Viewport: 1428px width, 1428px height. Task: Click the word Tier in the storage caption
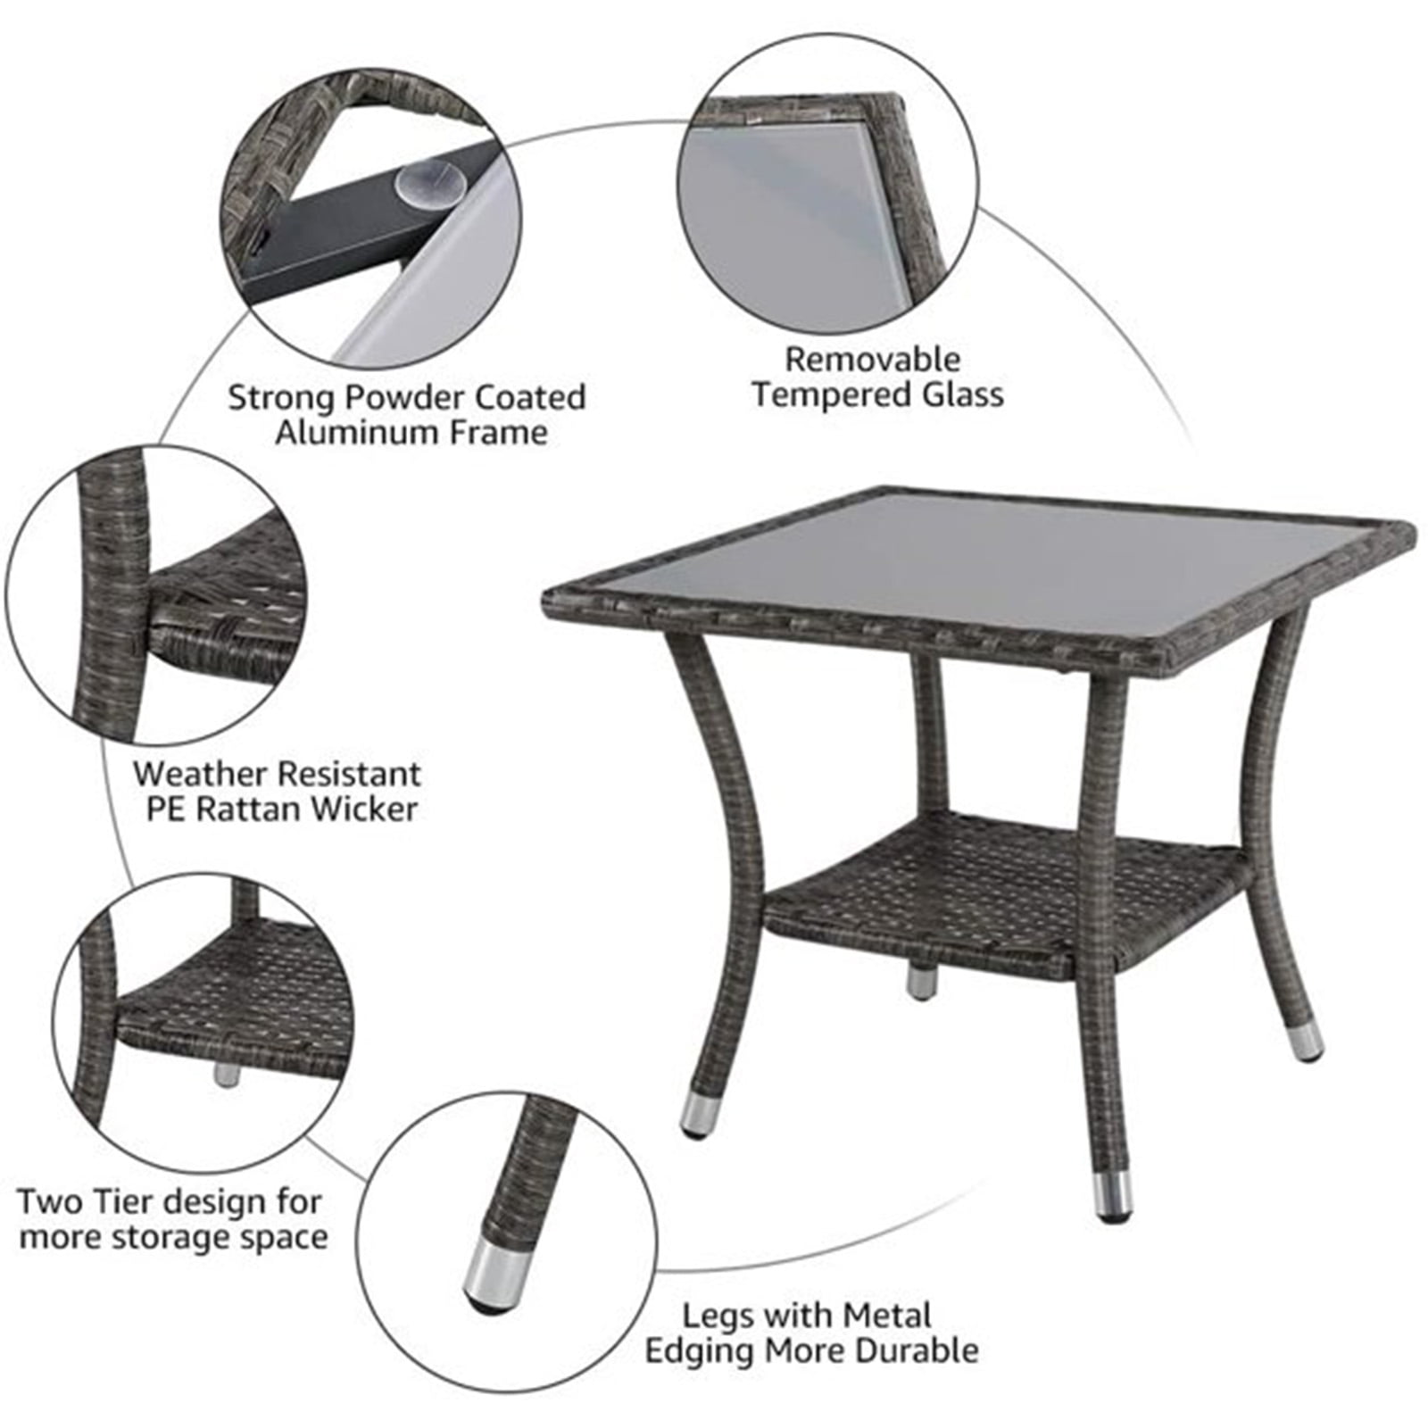coord(121,1202)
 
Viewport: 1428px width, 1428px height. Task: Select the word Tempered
coord(820,395)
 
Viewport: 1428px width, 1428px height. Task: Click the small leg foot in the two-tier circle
coord(227,1074)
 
